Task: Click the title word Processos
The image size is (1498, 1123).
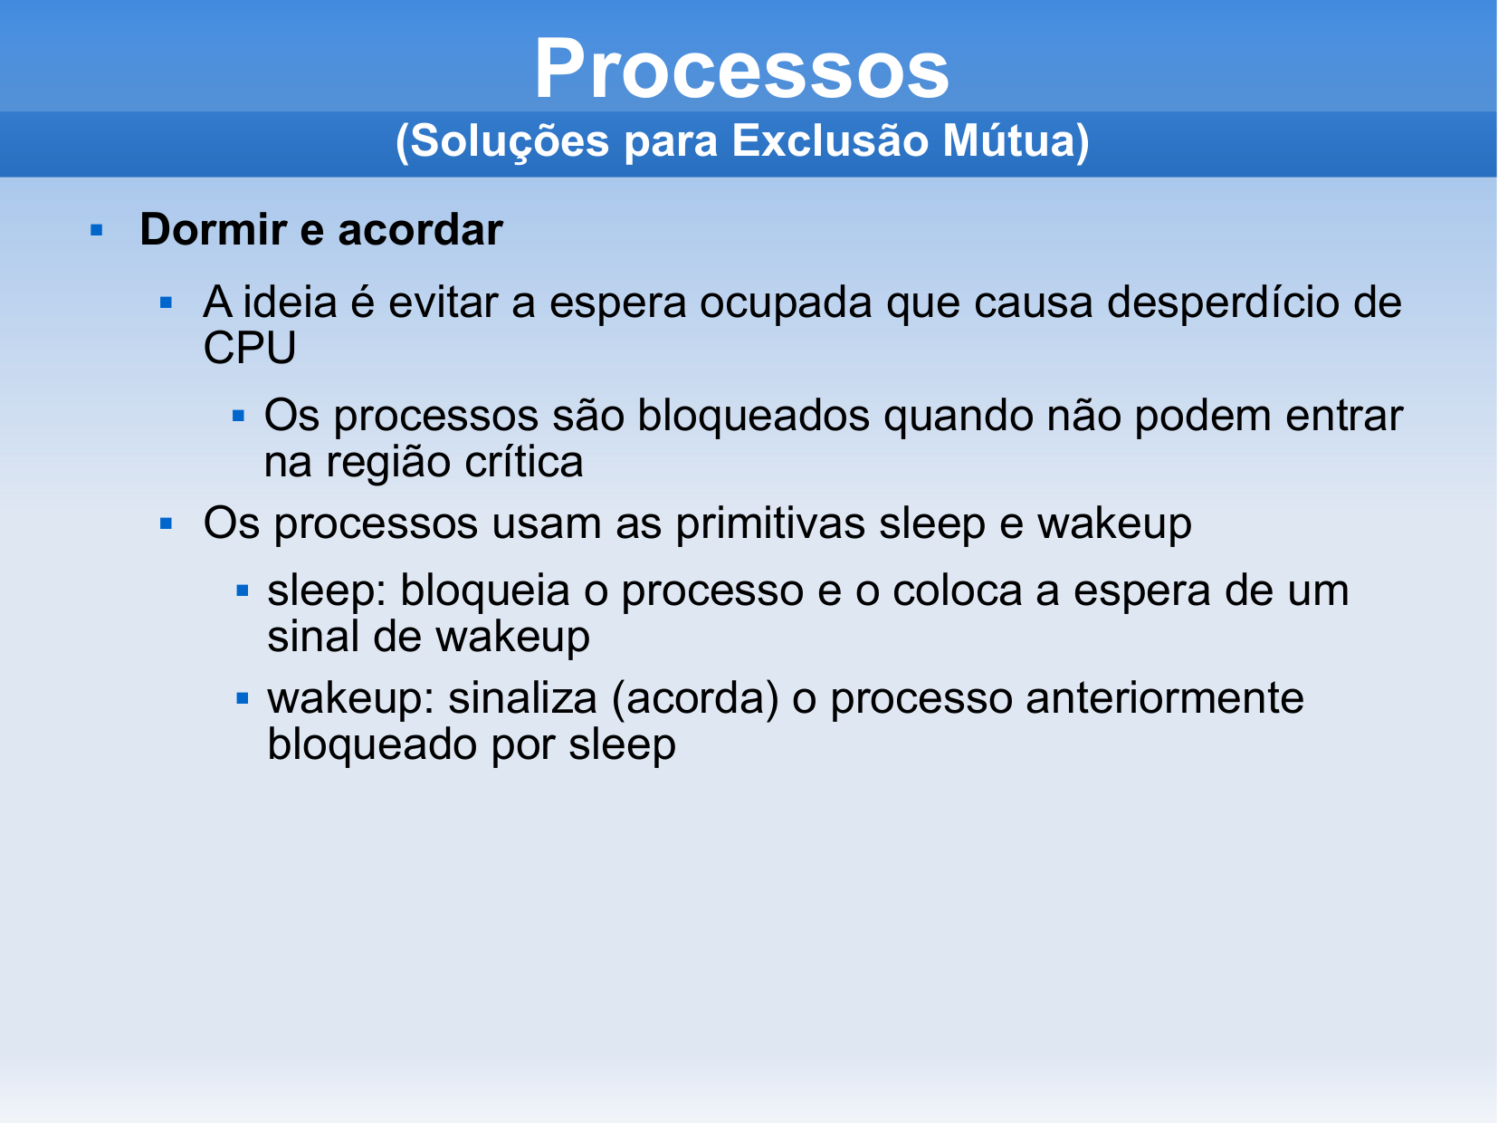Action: (x=742, y=68)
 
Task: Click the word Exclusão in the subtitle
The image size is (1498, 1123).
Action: (x=830, y=140)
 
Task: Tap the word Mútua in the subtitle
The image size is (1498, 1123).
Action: (x=1007, y=140)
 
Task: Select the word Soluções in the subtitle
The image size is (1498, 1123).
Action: (x=509, y=142)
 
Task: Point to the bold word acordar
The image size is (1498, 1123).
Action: (x=420, y=229)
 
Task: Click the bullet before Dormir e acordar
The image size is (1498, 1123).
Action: (x=96, y=231)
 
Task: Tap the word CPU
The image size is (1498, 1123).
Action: (x=250, y=348)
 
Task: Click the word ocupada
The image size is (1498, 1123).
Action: (x=786, y=302)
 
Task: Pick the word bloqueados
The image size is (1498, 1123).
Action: (x=753, y=416)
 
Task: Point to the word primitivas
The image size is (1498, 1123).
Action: (x=770, y=524)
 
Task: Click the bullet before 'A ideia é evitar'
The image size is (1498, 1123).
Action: (x=166, y=302)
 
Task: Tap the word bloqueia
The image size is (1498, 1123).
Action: (x=484, y=590)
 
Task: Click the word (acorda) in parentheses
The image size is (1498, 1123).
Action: (x=695, y=699)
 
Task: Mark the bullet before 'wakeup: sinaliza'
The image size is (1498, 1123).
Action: (x=243, y=698)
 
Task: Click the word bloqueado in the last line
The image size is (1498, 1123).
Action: (x=372, y=744)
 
